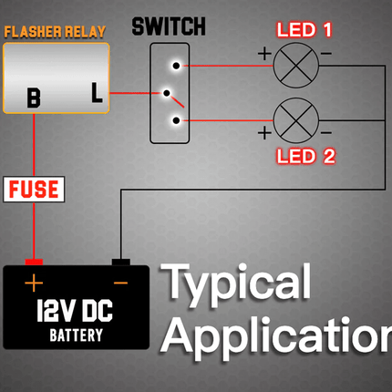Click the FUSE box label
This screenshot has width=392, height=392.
34,189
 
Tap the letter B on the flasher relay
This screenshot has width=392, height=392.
34,98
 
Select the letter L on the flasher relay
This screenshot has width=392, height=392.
97,92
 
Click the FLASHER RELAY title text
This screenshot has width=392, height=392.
55,32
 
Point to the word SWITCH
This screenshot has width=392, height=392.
169,26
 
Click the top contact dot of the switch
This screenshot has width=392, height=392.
176,66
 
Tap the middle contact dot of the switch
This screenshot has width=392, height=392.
167,93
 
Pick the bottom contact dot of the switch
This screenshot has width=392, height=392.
176,120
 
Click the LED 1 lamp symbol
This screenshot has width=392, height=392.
296,66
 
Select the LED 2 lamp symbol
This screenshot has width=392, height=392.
296,120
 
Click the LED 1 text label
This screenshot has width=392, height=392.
304,30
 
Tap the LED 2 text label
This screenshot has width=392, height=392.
305,156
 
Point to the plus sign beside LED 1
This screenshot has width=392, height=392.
264,54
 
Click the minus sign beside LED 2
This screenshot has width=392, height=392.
325,132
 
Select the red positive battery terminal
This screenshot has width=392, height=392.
34,262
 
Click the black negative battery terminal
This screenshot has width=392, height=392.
121,262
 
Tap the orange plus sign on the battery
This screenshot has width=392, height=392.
34,283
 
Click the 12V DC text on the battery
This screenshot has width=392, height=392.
75,311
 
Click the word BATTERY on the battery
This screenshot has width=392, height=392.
77,335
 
